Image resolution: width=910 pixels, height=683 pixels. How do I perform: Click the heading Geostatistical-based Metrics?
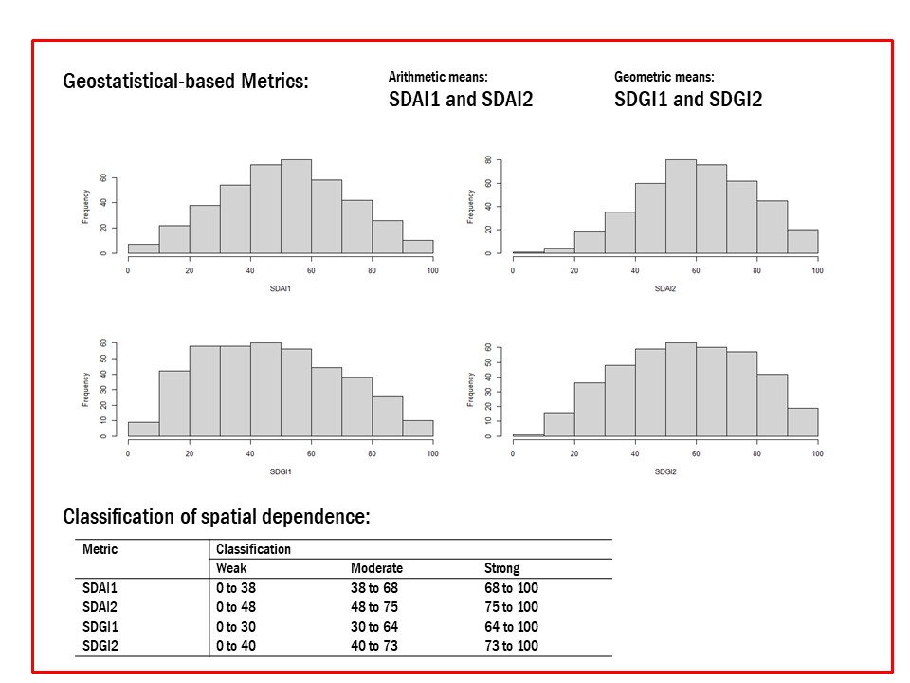tap(186, 82)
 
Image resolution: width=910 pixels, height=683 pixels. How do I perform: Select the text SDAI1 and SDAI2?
tap(461, 99)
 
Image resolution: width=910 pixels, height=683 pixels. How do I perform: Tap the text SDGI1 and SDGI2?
tap(687, 99)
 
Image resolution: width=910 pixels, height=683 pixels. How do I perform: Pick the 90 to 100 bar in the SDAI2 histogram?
tap(802, 241)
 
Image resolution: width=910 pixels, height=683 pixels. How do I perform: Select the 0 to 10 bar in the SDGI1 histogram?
tap(143, 429)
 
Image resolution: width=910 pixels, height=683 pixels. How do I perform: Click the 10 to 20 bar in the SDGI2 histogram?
tap(558, 424)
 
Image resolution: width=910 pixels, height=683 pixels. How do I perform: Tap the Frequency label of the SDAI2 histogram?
tap(471, 207)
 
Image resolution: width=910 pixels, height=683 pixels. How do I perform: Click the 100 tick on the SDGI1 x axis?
tap(432, 453)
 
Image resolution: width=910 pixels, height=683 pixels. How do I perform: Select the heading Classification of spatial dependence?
tap(216, 517)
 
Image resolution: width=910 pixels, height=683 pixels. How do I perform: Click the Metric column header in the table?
tap(100, 549)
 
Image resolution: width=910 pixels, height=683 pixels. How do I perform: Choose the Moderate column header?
tap(376, 568)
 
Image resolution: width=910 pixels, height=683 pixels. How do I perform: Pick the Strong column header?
tap(501, 568)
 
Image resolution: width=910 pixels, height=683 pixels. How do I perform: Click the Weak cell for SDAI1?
tap(236, 588)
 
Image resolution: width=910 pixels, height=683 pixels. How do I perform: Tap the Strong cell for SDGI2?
tap(511, 646)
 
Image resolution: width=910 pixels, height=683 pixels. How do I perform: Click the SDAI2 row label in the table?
tap(100, 607)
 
